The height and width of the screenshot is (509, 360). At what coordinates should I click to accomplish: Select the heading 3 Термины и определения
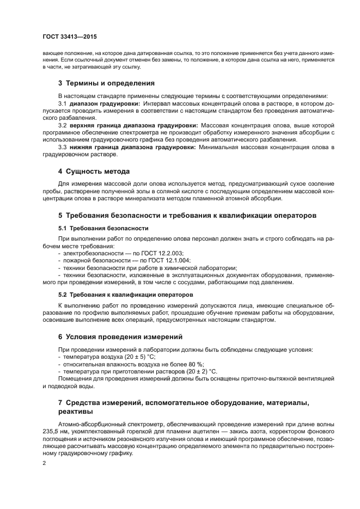(x=106, y=83)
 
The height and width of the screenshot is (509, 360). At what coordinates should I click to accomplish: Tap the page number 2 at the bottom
(x=44, y=463)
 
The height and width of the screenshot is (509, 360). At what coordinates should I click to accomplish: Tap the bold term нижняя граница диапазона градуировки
(x=132, y=146)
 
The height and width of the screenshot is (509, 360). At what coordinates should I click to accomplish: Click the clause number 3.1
(x=62, y=103)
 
